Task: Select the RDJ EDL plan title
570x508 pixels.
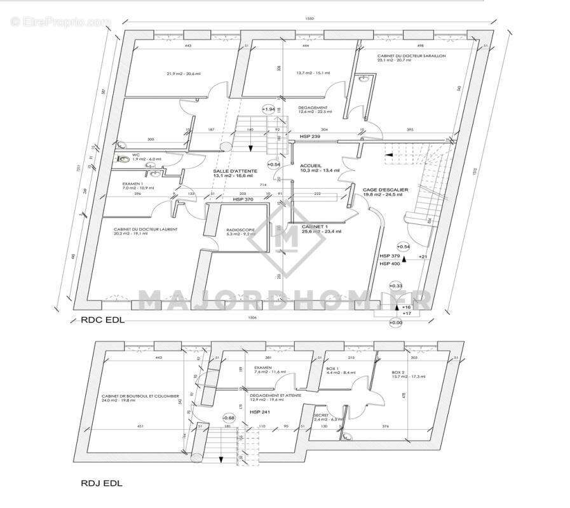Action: [102, 483]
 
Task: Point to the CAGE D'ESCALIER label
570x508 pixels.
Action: [385, 189]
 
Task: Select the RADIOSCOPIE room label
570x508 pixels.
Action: [240, 231]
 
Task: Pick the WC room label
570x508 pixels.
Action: [136, 154]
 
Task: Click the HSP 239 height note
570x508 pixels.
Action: [310, 137]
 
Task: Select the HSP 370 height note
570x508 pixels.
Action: [243, 199]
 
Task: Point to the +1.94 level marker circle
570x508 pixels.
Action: [268, 109]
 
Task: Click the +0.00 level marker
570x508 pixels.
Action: [396, 322]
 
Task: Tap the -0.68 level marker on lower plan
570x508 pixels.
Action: [229, 418]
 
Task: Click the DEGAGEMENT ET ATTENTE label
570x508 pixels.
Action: [275, 395]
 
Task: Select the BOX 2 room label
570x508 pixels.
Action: [398, 372]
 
